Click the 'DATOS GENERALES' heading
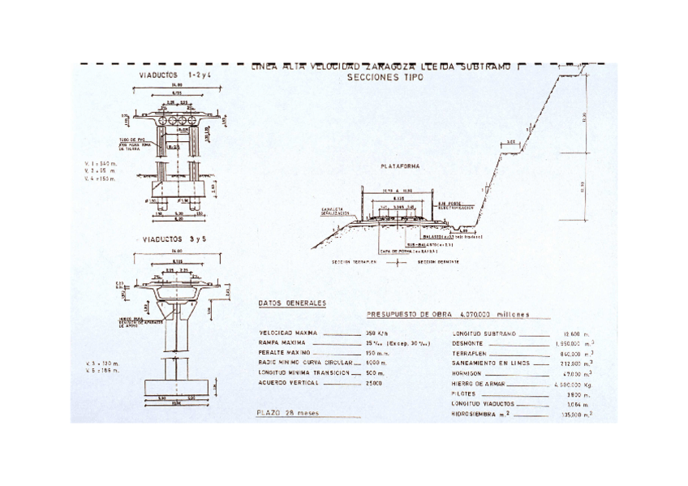tap(292, 303)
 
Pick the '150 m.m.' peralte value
tap(376, 353)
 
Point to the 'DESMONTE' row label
tap(470, 342)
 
